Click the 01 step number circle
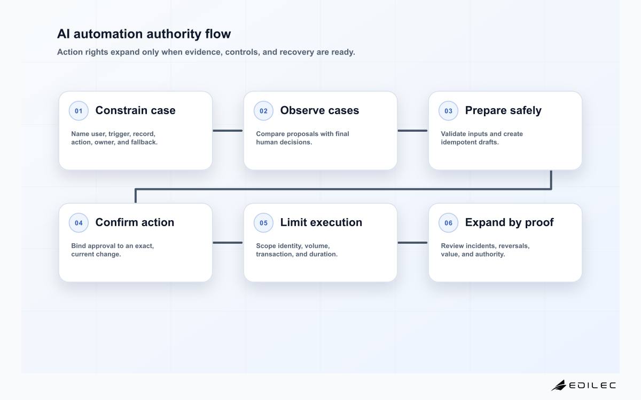click(x=79, y=110)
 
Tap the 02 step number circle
click(x=263, y=110)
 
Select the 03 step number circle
click(x=448, y=110)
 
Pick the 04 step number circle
click(x=79, y=222)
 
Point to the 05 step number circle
click(x=263, y=222)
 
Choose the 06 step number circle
click(x=448, y=222)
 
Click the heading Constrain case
click(x=135, y=110)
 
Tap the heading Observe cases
click(x=319, y=110)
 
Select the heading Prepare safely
click(x=503, y=111)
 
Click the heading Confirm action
click(x=135, y=222)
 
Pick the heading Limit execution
click(x=321, y=222)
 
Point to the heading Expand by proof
click(x=509, y=223)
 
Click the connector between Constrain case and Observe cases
click(x=228, y=131)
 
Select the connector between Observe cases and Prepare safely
click(x=412, y=131)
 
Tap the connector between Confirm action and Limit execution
click(x=228, y=243)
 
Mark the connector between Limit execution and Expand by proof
click(x=412, y=243)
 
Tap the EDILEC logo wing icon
click(x=559, y=385)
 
